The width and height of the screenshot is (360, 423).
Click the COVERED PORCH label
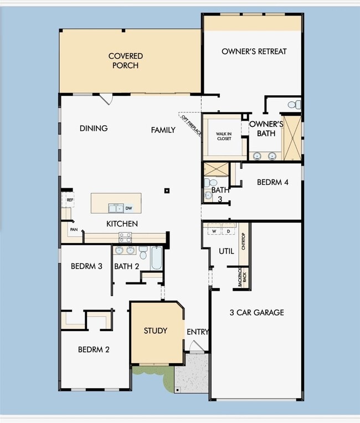tap(125, 61)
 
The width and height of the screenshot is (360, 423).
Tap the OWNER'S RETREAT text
tap(254, 51)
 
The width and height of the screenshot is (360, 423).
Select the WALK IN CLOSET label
tap(224, 136)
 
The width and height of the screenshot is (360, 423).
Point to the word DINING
tap(94, 128)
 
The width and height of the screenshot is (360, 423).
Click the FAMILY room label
tap(163, 130)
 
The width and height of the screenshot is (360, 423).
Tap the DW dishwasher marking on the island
tap(128, 209)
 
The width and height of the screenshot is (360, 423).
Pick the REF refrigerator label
tap(70, 200)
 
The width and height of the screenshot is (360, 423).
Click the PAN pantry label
tap(73, 229)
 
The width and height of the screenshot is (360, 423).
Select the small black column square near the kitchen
tap(166, 191)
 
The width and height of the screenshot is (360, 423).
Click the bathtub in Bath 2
tap(156, 257)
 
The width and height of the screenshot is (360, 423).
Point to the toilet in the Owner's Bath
tap(295, 105)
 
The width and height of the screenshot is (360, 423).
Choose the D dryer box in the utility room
tap(228, 231)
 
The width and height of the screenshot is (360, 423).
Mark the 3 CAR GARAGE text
tap(256, 312)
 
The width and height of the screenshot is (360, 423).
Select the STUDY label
tap(156, 331)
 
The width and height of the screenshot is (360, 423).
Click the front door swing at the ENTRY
tap(196, 346)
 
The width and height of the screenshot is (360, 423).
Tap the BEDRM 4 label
tap(272, 182)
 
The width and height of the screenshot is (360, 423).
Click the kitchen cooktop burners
tap(125, 238)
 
